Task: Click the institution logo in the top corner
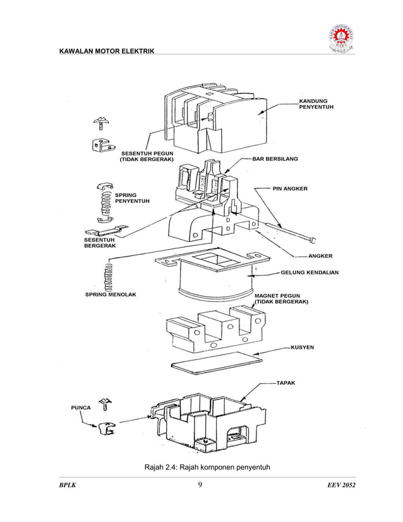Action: coord(340,40)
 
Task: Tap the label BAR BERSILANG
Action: coord(275,159)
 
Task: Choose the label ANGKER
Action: coord(320,256)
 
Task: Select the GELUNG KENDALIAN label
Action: coord(310,273)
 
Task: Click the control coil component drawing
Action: coord(215,278)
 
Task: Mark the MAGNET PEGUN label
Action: coord(280,299)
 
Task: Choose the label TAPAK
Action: coord(286,382)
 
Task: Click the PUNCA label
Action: coord(80,408)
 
